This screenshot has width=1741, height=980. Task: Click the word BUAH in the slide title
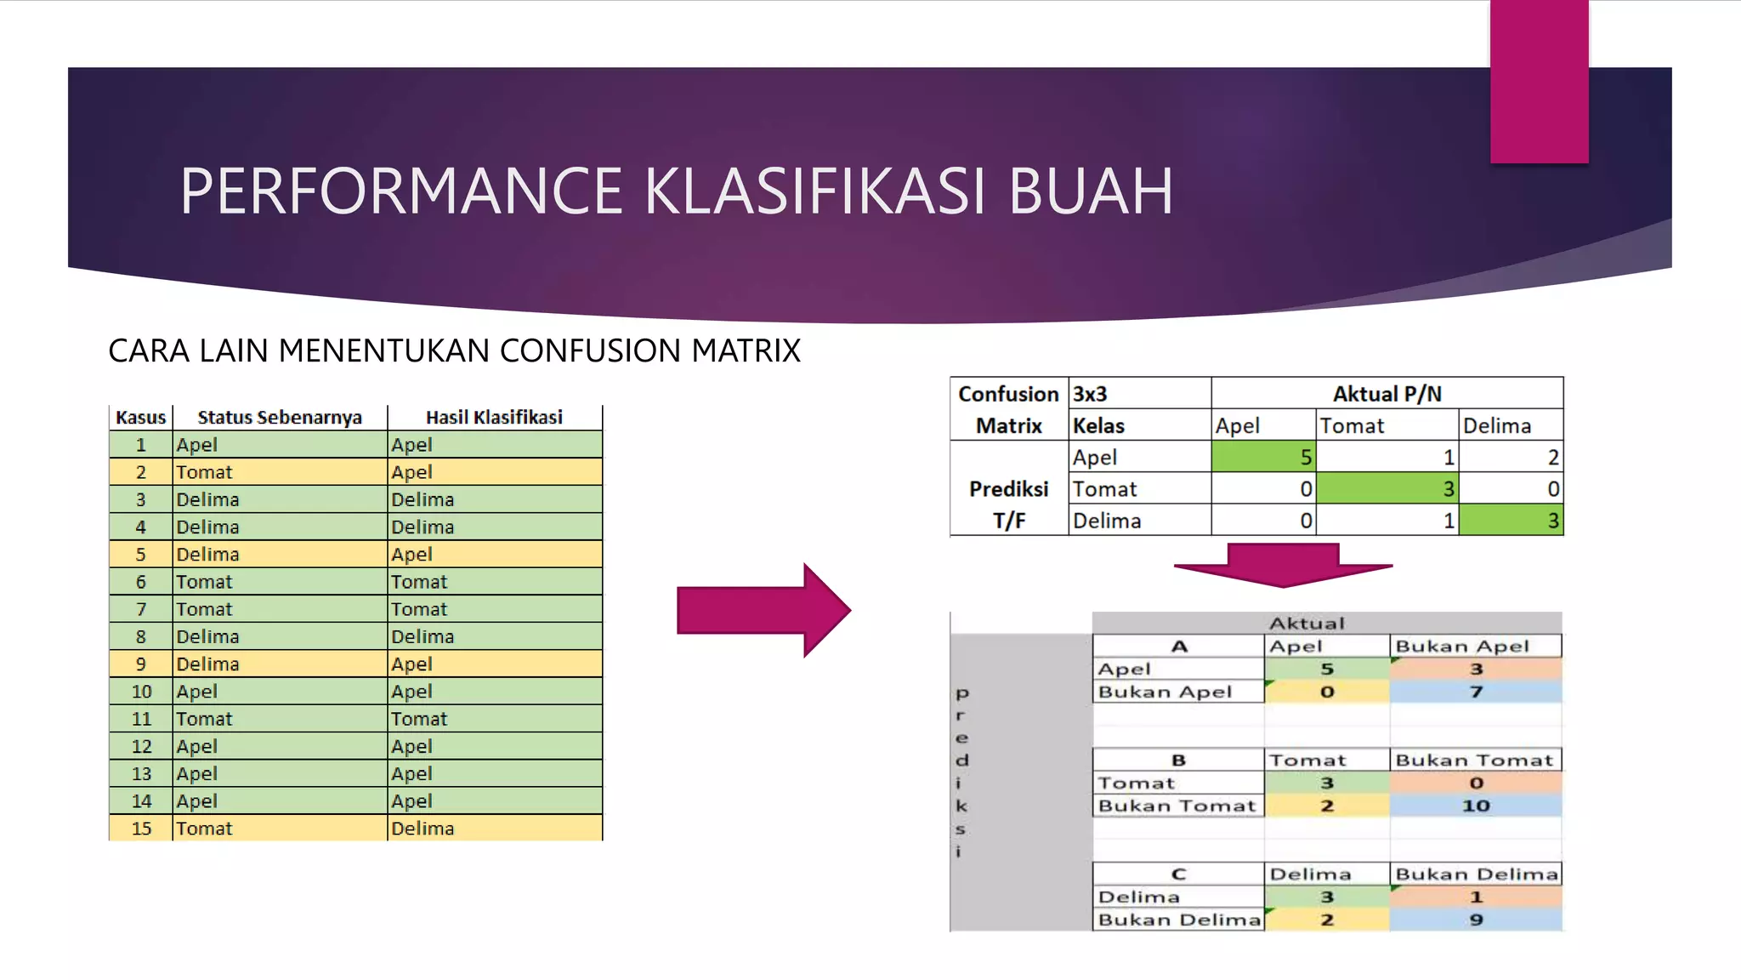[x=1091, y=191]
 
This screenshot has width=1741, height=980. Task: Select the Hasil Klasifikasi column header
[x=494, y=417]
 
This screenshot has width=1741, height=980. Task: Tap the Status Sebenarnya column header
[x=280, y=417]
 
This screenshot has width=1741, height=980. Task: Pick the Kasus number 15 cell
[x=141, y=828]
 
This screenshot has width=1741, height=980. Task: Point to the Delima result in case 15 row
[x=422, y=828]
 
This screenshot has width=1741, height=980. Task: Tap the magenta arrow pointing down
[x=1283, y=565]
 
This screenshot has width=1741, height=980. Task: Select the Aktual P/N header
[x=1387, y=394]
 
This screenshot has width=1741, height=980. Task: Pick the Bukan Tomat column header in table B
[x=1474, y=760]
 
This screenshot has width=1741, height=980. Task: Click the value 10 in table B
[x=1476, y=806]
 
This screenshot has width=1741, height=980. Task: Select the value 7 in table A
[x=1476, y=692]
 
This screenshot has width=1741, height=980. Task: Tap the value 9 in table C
[x=1476, y=920]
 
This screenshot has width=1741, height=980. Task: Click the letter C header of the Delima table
[x=1178, y=874]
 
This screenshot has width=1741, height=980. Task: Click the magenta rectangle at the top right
[x=1539, y=81]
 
